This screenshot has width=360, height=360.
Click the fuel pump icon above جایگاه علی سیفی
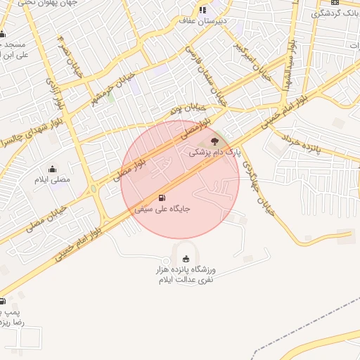pos(163,198)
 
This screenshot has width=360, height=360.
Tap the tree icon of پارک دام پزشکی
pos(214,141)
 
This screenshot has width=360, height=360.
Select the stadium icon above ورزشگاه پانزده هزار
pos(186,259)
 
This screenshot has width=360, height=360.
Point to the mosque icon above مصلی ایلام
pos(52,169)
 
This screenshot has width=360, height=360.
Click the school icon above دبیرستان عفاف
pos(202,10)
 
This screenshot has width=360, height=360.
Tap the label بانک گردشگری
pos(337,13)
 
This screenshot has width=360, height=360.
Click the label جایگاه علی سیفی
pos(163,209)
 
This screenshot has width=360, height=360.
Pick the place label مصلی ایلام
pos(53,180)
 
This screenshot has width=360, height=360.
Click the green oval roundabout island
pos(94,189)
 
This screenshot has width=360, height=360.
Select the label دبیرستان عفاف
pos(202,21)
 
